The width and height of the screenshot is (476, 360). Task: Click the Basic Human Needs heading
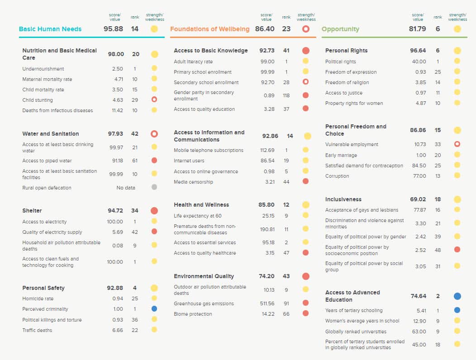(x=50, y=29)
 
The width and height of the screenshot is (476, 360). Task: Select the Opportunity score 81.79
(x=418, y=29)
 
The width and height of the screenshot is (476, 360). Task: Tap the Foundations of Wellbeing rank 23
(x=286, y=29)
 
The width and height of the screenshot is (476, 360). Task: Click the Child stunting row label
(x=38, y=100)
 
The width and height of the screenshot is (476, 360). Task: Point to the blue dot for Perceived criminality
(x=154, y=309)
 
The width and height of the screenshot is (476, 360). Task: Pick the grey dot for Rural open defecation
(x=154, y=187)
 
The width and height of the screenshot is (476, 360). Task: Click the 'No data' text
(x=126, y=188)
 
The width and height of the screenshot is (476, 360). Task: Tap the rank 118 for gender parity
(x=286, y=95)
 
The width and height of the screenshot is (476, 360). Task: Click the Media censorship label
(x=193, y=182)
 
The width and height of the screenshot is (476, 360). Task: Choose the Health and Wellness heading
(x=201, y=205)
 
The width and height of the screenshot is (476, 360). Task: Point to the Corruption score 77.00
(x=419, y=176)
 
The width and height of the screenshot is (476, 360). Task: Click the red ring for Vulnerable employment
(x=457, y=144)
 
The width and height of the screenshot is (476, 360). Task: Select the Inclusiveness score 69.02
(x=418, y=199)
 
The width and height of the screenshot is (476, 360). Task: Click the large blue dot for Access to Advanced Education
(x=457, y=296)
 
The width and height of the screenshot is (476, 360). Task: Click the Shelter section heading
(x=33, y=211)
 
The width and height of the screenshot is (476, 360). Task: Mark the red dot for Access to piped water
(x=154, y=161)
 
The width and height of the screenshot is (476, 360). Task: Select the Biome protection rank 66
(x=286, y=314)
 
